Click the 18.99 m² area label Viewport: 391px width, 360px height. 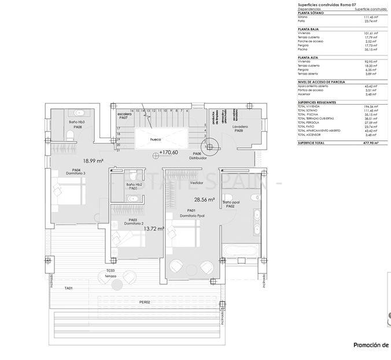(93, 161)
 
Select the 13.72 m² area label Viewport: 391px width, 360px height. (153, 229)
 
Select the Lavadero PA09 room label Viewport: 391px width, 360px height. (241, 128)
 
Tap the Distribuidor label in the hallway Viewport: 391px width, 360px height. (198, 158)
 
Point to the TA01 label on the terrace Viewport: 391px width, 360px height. (69, 287)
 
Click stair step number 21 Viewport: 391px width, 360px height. (118, 150)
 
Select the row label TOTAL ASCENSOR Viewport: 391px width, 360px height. (311, 135)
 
